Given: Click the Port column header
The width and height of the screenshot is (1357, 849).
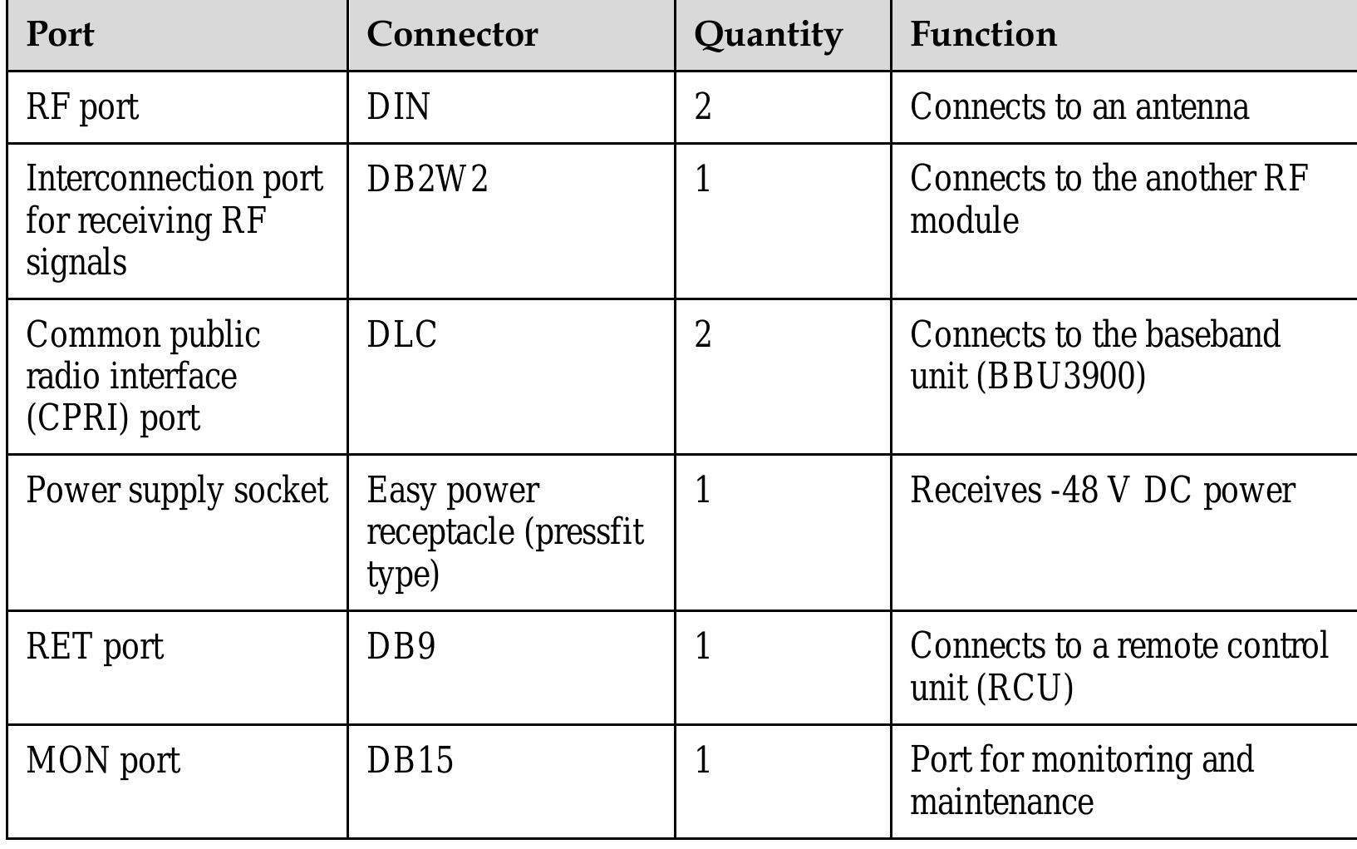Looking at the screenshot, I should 60,34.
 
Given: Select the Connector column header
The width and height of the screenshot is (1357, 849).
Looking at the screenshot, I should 452,34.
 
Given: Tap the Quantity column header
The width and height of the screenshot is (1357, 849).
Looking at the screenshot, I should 768,35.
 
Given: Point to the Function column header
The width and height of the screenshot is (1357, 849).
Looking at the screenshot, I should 983,34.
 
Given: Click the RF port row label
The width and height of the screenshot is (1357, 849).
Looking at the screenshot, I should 82,107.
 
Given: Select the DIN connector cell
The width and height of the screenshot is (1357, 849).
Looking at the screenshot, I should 399,107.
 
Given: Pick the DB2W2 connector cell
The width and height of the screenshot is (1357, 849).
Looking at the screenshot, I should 427,179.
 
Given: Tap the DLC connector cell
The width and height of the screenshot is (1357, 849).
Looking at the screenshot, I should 402,335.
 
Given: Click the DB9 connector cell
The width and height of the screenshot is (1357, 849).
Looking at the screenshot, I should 401,646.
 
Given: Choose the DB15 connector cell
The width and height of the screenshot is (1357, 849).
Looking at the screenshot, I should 411,760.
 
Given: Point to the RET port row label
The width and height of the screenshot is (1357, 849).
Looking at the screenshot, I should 95,647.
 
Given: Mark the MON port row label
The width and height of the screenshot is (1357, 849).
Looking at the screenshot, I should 103,761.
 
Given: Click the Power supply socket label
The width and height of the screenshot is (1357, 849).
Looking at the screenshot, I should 177,491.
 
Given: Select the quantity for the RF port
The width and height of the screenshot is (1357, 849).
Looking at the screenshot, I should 703,107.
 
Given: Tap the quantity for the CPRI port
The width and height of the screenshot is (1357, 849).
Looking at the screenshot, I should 703,335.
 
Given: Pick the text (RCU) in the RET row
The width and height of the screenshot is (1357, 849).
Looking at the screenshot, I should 1025,689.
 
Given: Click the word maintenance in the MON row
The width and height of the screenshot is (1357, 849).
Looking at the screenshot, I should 1001,802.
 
